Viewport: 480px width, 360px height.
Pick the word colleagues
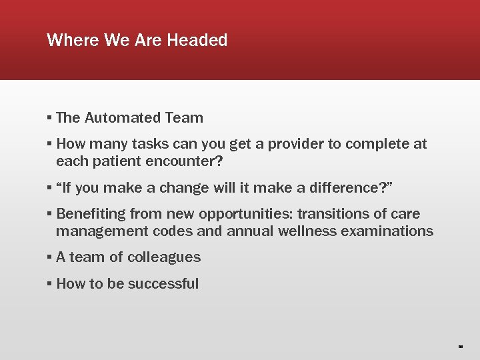[163, 257]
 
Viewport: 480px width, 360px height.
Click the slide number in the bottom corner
[461, 347]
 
